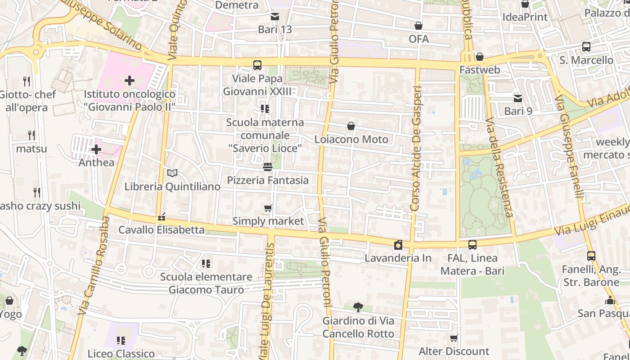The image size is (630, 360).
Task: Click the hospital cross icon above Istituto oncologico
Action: tap(130, 81)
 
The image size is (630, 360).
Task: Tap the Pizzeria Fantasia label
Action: tap(268, 180)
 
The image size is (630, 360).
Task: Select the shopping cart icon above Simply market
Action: tap(268, 208)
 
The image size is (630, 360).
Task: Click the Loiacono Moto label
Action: tap(351, 139)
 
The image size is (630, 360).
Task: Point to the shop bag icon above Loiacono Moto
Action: tap(351, 126)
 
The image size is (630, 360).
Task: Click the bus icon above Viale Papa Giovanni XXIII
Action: tap(257, 65)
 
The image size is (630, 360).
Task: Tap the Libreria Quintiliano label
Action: tap(172, 186)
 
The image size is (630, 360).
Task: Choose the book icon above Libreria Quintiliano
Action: tap(172, 173)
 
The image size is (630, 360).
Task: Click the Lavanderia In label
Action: tap(398, 258)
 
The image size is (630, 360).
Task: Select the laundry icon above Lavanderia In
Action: tap(398, 245)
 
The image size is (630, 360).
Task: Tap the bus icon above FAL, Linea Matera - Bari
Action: tap(472, 245)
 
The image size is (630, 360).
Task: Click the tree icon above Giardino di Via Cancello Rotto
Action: tap(358, 307)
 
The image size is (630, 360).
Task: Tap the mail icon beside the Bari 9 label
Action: tap(518, 98)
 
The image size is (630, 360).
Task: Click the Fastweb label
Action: tap(479, 70)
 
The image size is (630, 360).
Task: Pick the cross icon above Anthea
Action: tap(96, 149)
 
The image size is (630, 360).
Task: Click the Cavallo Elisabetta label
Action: tap(161, 230)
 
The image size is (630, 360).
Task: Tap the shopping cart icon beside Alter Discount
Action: tap(454, 338)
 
